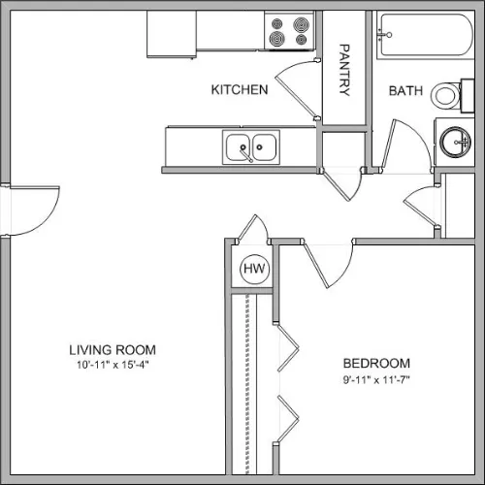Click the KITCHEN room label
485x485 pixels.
[240, 89]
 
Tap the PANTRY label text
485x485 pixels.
[344, 70]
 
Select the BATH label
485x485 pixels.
[405, 91]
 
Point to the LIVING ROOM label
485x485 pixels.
[113, 350]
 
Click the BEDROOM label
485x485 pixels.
[376, 364]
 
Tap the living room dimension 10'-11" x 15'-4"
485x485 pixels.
[113, 365]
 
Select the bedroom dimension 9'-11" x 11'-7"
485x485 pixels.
[376, 379]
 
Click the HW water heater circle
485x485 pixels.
[254, 269]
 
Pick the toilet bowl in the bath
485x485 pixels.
[445, 95]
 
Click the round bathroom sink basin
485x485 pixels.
[456, 143]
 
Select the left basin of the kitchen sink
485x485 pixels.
[238, 147]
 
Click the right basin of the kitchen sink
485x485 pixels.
[265, 147]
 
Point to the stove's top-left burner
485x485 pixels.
[277, 24]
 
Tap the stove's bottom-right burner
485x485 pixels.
[301, 40]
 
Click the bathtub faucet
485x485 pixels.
[385, 35]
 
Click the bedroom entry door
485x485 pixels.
[328, 265]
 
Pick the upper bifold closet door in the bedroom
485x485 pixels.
[288, 348]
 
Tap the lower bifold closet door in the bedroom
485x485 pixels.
[288, 419]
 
